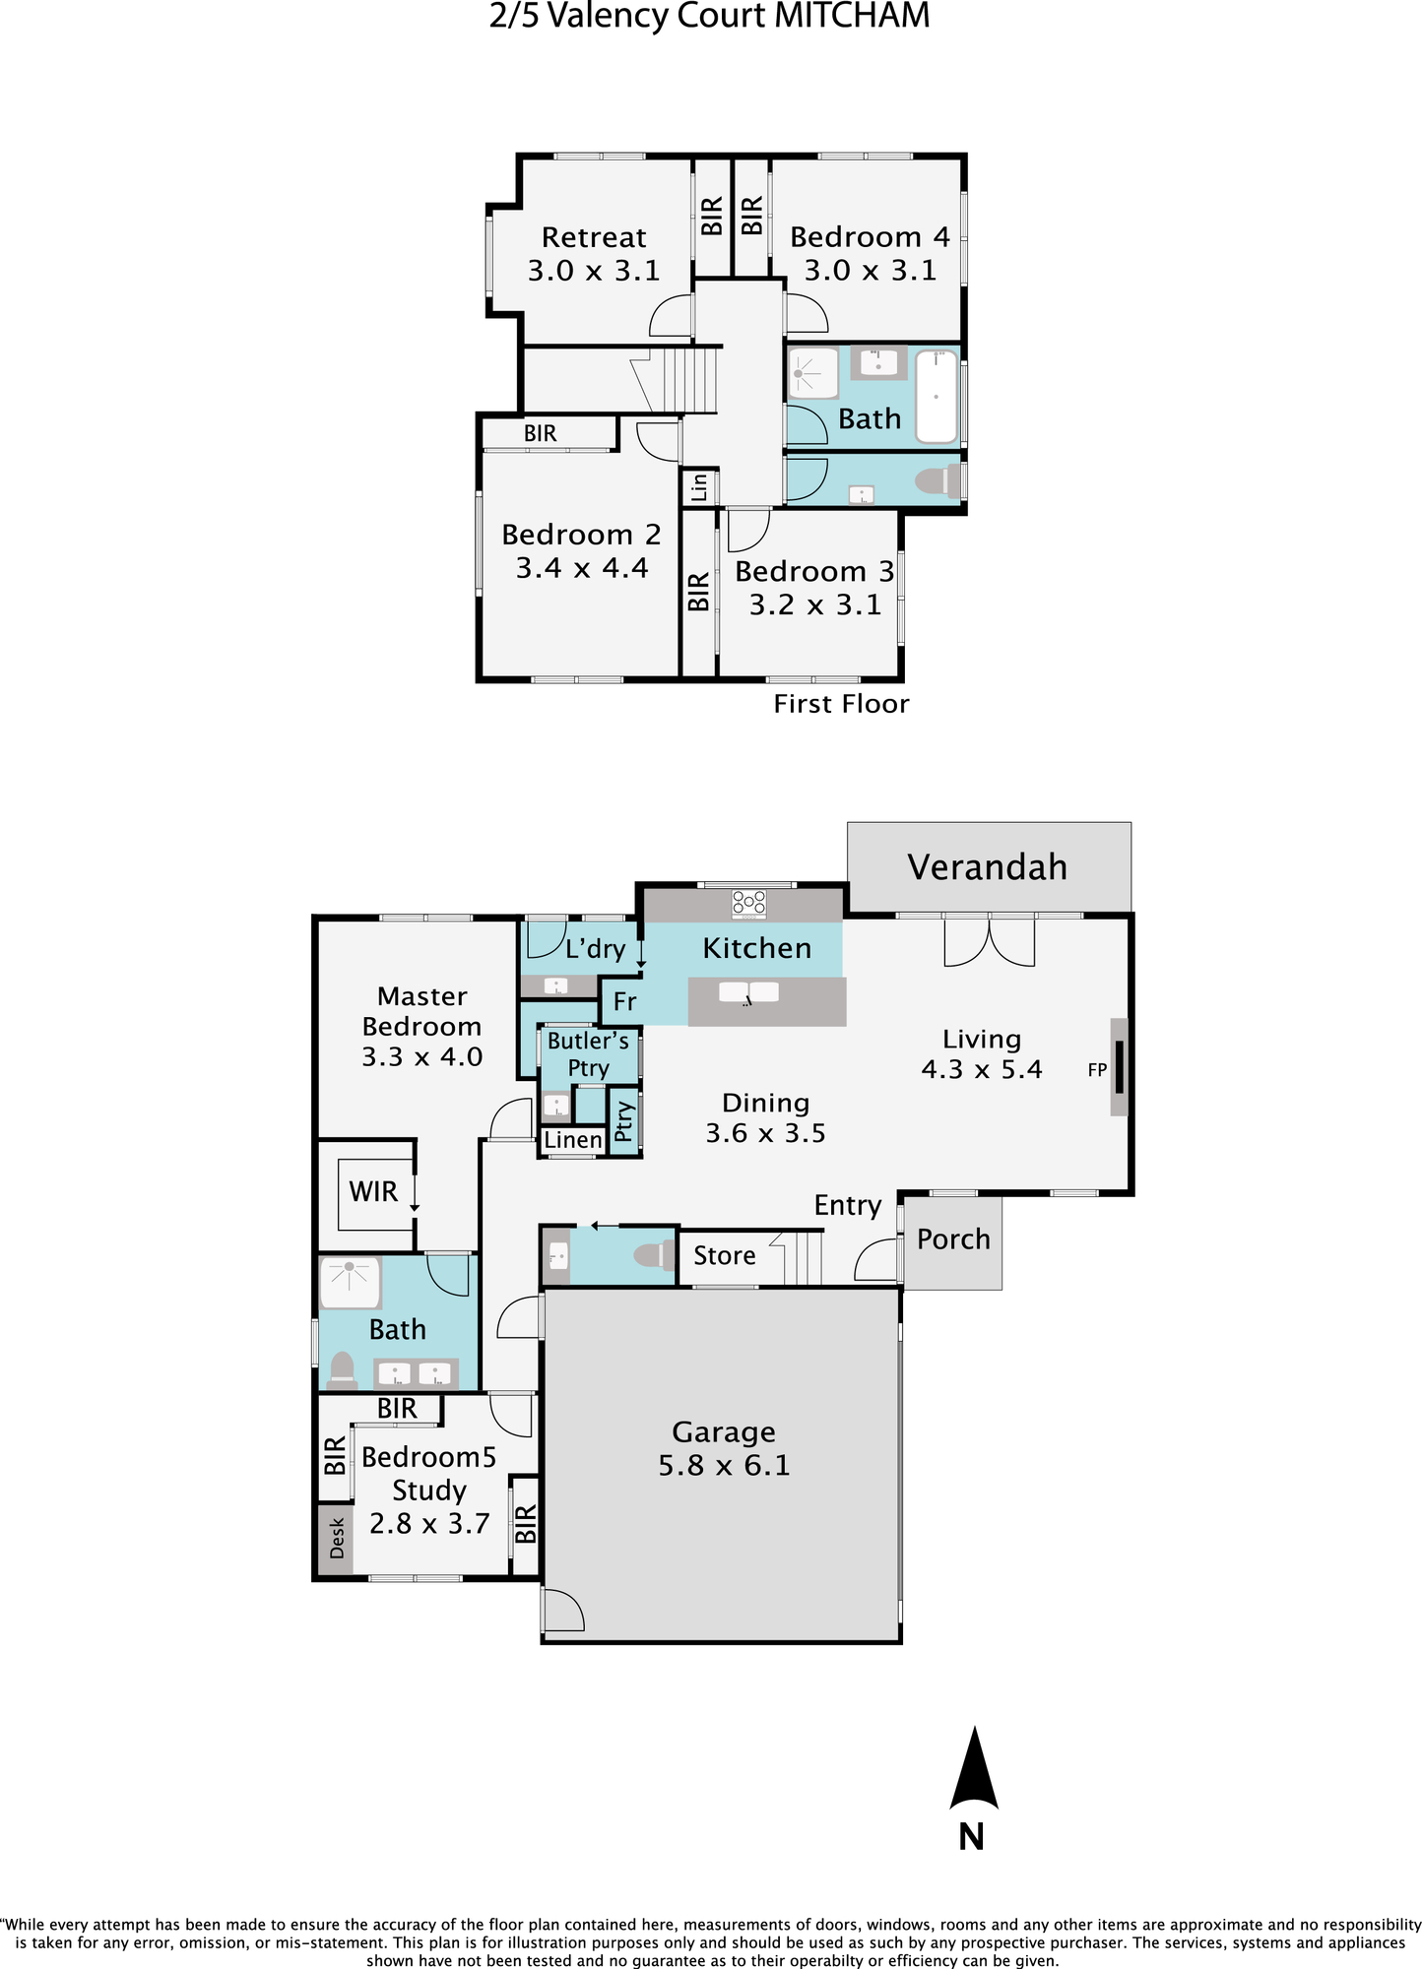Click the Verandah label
point(987,867)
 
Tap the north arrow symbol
point(974,1769)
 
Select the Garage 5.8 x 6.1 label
point(724,1448)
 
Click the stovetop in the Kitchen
point(748,903)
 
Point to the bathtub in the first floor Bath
point(937,397)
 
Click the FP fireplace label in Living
point(1097,1070)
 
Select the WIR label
point(373,1192)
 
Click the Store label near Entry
point(725,1256)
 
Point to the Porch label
point(953,1239)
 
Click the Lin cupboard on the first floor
point(699,487)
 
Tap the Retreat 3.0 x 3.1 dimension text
point(594,271)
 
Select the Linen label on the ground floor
point(573,1140)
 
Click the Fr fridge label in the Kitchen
point(624,1002)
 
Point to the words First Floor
point(841,704)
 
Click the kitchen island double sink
point(748,993)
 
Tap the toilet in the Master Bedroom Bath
point(342,1369)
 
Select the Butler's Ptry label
point(588,1054)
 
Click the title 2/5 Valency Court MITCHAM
point(710,16)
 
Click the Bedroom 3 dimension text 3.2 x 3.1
point(815,605)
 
